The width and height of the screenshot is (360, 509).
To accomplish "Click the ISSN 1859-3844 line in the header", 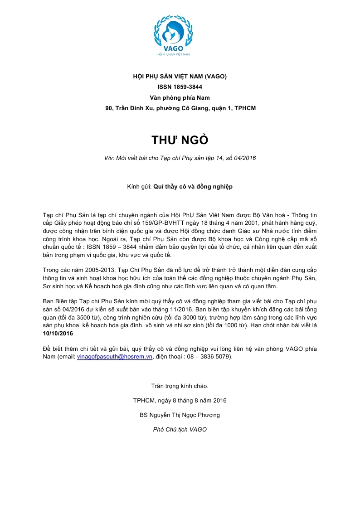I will click(x=180, y=87).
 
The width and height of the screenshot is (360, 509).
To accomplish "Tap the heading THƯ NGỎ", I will click(x=180, y=140).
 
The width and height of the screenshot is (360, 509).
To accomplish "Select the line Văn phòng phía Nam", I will click(x=180, y=97).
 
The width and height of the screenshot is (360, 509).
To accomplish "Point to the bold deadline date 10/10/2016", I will click(x=58, y=334).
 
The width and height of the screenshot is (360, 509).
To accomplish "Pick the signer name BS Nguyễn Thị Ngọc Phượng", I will click(x=180, y=415).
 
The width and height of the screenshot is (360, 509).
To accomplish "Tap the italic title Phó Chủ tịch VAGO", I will click(x=180, y=429).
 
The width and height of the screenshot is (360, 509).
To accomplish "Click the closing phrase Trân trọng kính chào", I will click(x=180, y=386).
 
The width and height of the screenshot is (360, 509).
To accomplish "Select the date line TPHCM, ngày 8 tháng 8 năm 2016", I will click(x=180, y=400).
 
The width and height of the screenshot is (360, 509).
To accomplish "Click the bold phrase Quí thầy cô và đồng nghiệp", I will click(x=193, y=186).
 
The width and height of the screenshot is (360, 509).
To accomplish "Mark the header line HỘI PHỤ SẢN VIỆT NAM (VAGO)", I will click(x=180, y=76).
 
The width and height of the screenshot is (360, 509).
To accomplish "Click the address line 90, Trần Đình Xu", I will click(x=180, y=108).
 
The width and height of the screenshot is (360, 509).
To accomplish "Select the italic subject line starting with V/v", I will click(x=180, y=158).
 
